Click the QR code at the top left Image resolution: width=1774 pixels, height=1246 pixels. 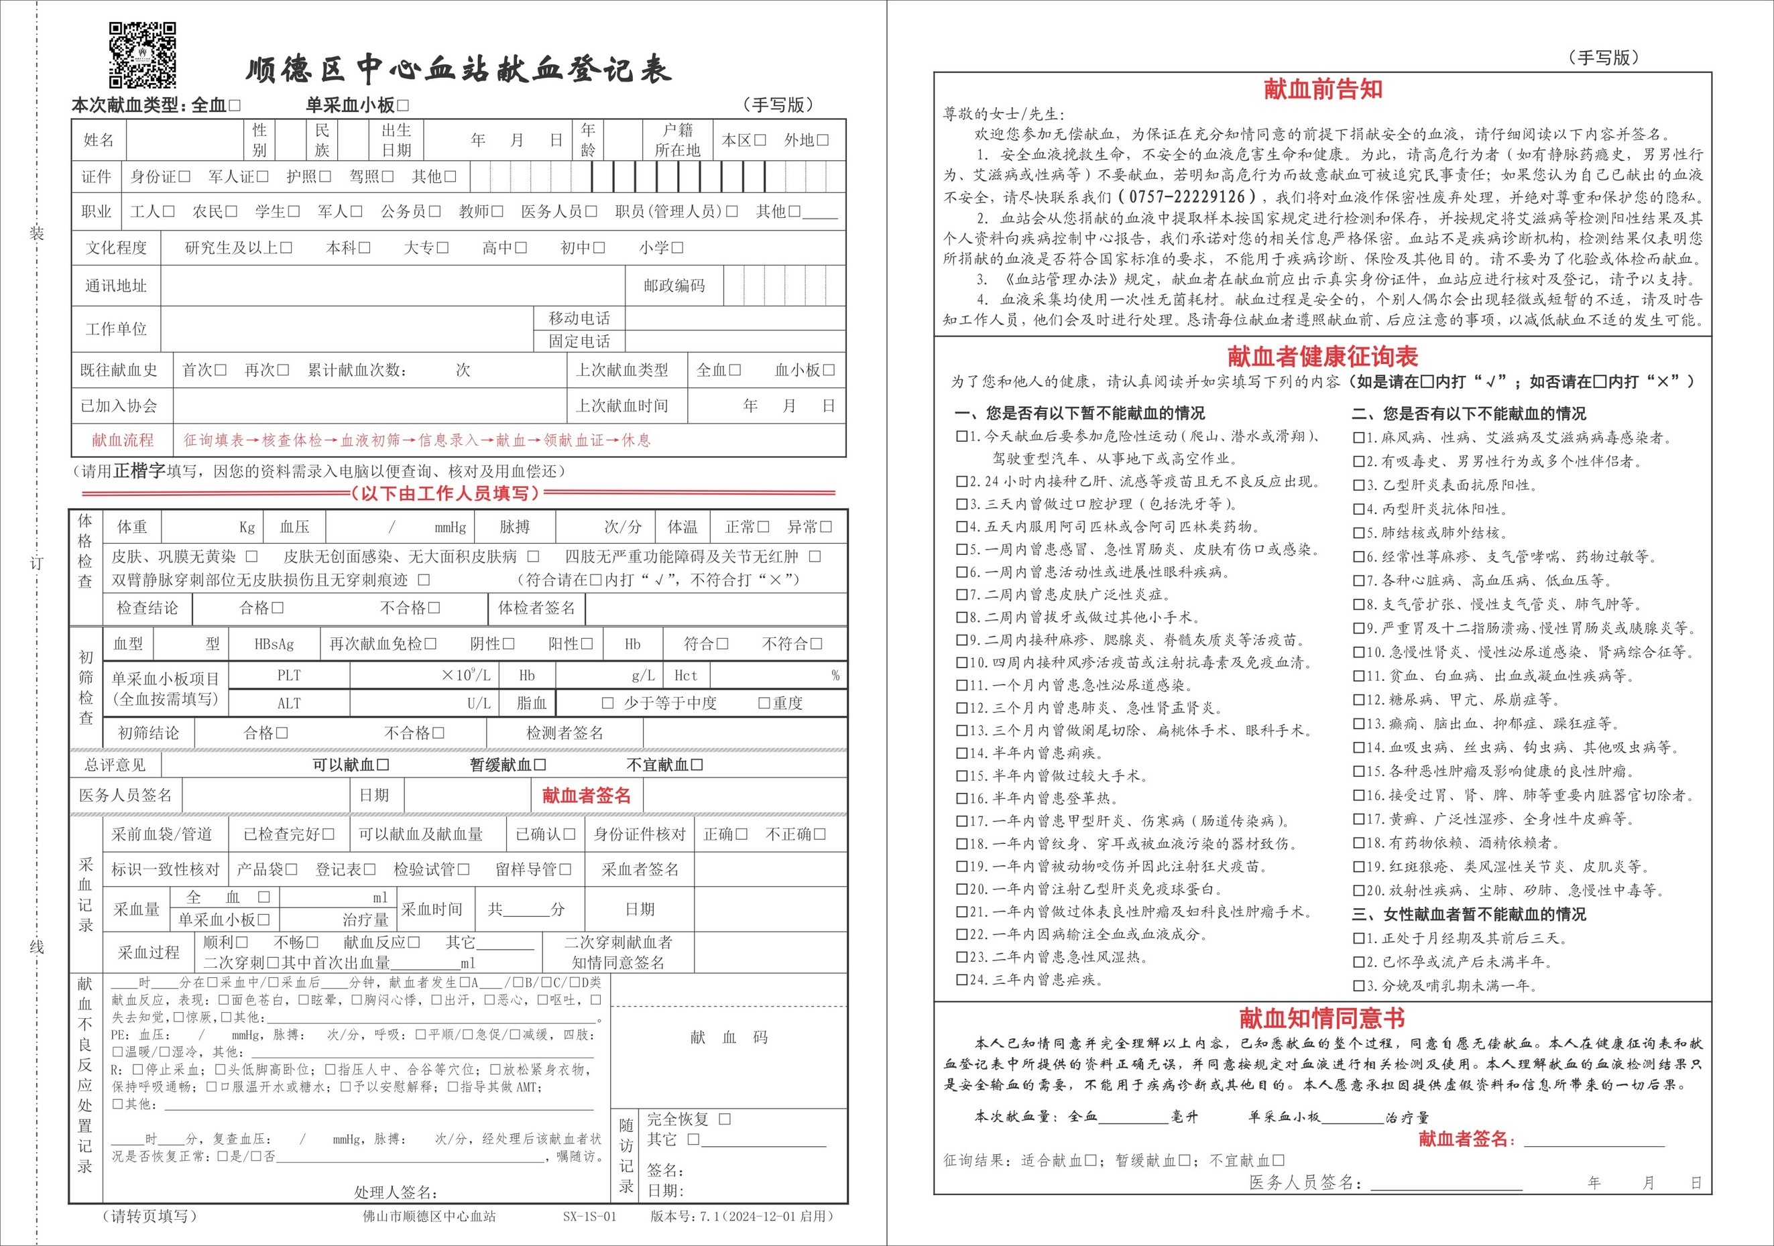click(143, 55)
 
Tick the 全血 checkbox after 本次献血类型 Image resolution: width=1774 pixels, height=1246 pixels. click(235, 105)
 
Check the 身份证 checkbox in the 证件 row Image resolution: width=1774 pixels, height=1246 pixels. click(184, 177)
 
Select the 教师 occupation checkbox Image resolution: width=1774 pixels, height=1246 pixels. click(497, 212)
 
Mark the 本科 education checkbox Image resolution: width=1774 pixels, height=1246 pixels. click(364, 248)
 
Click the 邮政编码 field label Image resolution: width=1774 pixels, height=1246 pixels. click(674, 286)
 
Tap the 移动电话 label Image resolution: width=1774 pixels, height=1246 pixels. click(579, 318)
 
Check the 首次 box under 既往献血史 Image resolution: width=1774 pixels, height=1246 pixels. click(220, 370)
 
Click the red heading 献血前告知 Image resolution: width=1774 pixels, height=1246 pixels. click(1323, 90)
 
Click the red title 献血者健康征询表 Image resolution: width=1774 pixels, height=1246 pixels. click(1323, 356)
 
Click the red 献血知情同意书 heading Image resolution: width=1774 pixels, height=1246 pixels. click(1322, 1018)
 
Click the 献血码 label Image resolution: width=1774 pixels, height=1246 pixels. click(729, 1038)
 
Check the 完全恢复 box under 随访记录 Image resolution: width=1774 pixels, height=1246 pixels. click(725, 1119)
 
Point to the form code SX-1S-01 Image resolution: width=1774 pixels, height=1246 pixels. click(589, 1217)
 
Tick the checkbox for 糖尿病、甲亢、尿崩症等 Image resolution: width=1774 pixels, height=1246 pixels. click(1358, 700)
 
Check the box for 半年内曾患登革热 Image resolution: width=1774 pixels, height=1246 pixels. click(962, 799)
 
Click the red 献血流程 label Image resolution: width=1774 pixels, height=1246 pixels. click(123, 440)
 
